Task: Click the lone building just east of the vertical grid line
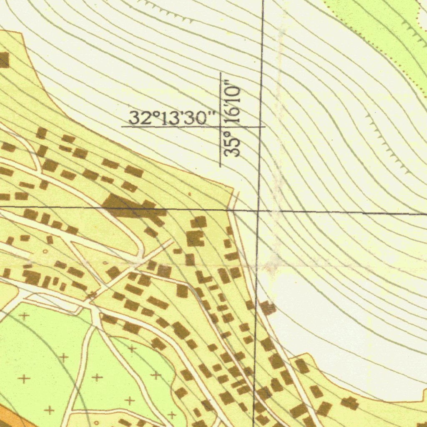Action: click(x=268, y=308)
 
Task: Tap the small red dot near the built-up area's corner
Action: click(x=189, y=194)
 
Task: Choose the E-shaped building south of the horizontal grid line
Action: click(x=194, y=238)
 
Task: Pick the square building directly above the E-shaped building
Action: click(x=199, y=221)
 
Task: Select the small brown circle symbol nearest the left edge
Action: click(x=45, y=252)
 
